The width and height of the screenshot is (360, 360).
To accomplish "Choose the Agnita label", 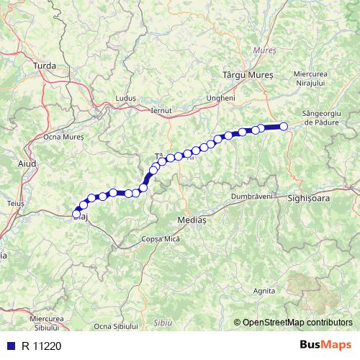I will [265, 291].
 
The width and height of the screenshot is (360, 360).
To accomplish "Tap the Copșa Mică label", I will [160, 238].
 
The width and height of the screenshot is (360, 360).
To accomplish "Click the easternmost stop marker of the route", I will [284, 127].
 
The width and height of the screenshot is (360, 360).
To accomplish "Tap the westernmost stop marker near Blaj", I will [76, 213].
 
